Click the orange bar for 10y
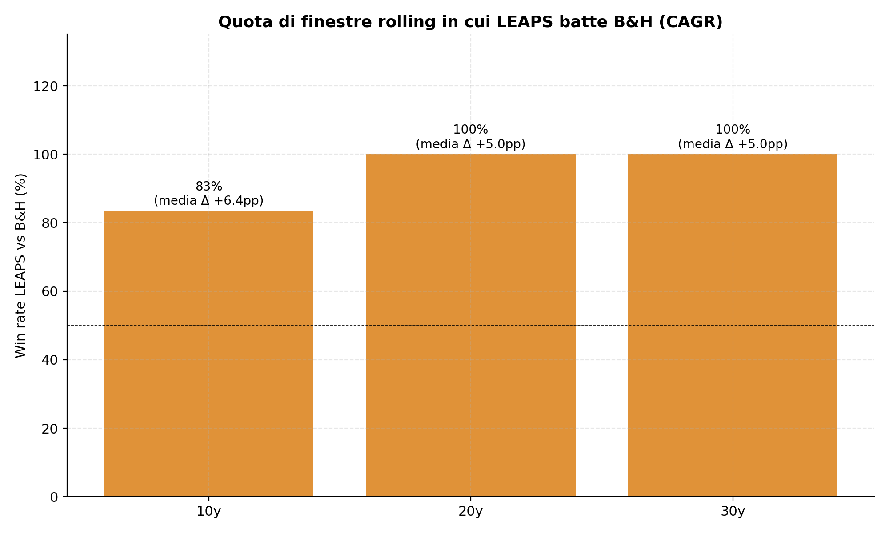pyautogui.click(x=208, y=354)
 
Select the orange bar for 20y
pyautogui.click(x=471, y=325)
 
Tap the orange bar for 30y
pyautogui.click(x=733, y=325)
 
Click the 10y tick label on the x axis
pyautogui.click(x=208, y=512)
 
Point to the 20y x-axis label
pyautogui.click(x=471, y=512)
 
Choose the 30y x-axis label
pyautogui.click(x=733, y=512)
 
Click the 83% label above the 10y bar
pyautogui.click(x=209, y=187)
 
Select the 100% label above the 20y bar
pyautogui.click(x=471, y=130)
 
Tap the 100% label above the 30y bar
pyautogui.click(x=733, y=130)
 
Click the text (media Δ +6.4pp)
pyautogui.click(x=209, y=201)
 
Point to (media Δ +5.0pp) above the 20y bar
pyautogui.click(x=471, y=144)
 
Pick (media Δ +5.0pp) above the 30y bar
pyautogui.click(x=733, y=144)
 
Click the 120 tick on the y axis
pyautogui.click(x=46, y=86)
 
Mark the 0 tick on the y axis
pyautogui.click(x=54, y=497)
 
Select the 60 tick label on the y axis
pyautogui.click(x=50, y=291)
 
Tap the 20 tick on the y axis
pyautogui.click(x=50, y=429)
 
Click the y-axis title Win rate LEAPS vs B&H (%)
pyautogui.click(x=21, y=266)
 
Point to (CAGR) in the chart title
pyautogui.click(x=691, y=22)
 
